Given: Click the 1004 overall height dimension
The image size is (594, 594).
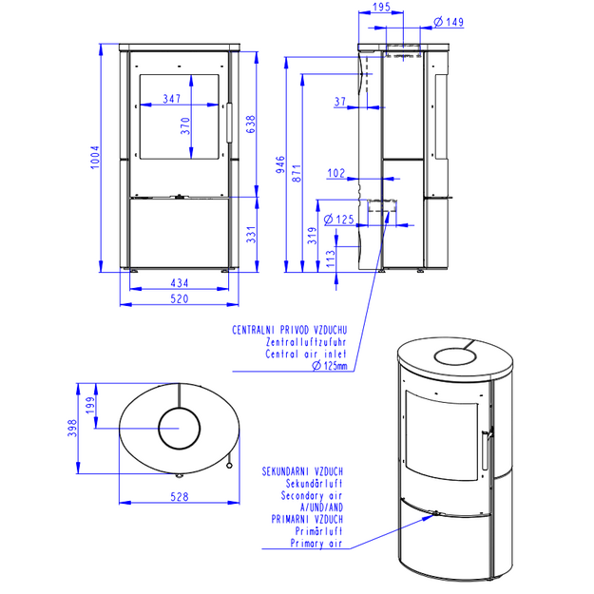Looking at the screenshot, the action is pos(95,157).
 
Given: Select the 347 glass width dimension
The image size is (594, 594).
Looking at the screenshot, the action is pos(172,99).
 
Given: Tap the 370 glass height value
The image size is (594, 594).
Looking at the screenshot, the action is pos(185,125).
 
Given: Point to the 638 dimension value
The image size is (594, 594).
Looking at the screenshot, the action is pos(251,125).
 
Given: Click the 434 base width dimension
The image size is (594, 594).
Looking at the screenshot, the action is pos(180,283).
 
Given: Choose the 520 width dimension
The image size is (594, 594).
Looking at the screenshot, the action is pos(180,298).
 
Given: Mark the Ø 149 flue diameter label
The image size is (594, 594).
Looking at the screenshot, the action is pos(449,22).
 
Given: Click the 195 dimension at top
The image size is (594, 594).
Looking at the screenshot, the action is pos(381,8).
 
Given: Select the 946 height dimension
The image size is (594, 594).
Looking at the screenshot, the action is pos(280,164).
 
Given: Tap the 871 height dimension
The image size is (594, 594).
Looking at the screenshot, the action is pos(297,173).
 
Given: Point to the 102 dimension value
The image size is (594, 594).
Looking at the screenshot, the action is pos(336,173).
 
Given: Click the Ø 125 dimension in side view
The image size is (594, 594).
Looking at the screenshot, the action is pos(339,220).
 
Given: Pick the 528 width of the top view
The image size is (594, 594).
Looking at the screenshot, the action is pos(180,497).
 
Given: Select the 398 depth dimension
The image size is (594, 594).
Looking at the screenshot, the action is pos(72,428).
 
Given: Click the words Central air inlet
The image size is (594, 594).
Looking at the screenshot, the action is pos(306,354).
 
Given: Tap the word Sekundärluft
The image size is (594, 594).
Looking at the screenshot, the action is pos(314,484).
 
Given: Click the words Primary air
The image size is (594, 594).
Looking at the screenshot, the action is pos(316,544).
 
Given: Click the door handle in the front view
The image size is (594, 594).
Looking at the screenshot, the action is pos(229,123).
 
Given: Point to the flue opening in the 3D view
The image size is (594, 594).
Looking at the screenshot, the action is pos(454,356).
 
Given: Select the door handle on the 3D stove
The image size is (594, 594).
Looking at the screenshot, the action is pos(486,450).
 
